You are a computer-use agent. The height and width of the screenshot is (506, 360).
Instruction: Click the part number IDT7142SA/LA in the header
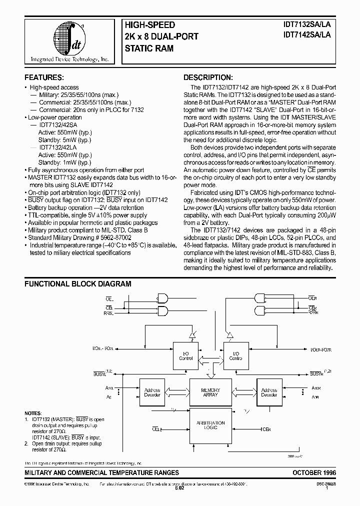[x=306, y=34]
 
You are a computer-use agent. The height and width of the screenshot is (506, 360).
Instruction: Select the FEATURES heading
[x=44, y=77]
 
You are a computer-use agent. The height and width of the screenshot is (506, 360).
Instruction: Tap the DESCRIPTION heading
[x=207, y=77]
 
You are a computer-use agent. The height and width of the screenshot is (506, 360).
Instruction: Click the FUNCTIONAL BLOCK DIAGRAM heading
[x=78, y=284]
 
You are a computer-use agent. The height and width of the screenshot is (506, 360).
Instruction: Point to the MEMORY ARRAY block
[x=210, y=392]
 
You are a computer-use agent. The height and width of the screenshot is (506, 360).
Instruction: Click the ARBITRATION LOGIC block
[x=210, y=425]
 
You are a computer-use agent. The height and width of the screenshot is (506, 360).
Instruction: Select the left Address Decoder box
[x=152, y=392]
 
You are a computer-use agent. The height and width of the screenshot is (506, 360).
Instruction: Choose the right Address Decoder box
[x=269, y=392]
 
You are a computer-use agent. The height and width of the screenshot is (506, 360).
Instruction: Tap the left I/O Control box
[x=186, y=356]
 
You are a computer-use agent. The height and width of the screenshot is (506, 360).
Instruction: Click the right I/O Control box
[x=235, y=356]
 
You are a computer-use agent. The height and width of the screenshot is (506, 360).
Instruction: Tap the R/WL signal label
[x=108, y=313]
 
